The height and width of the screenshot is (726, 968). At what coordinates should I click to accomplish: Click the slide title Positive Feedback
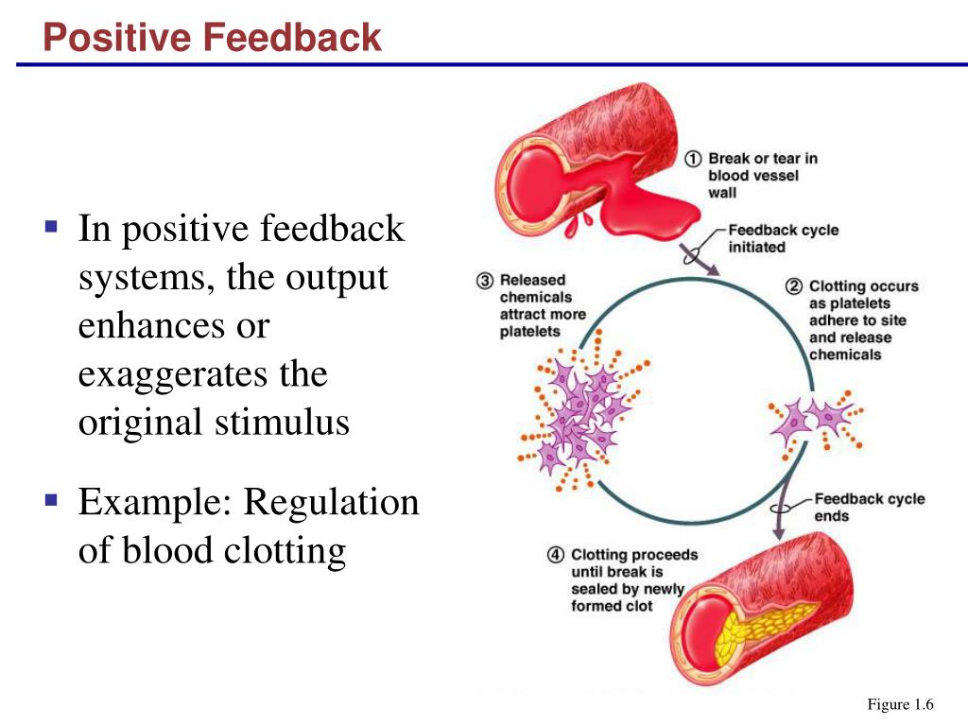(x=213, y=38)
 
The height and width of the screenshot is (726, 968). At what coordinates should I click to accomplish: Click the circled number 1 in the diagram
(x=693, y=159)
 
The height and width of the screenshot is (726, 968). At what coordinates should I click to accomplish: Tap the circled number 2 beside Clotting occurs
(x=795, y=286)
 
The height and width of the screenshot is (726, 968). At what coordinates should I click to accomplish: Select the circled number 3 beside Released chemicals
(x=485, y=281)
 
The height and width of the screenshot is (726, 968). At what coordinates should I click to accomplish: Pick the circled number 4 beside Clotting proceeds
(x=556, y=556)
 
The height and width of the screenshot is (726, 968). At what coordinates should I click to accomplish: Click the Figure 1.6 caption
(x=900, y=704)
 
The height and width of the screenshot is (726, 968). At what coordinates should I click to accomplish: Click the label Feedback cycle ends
(x=869, y=507)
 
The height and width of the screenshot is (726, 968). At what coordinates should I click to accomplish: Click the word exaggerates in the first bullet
(x=202, y=375)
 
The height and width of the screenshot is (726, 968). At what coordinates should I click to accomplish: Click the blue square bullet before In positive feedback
(x=51, y=228)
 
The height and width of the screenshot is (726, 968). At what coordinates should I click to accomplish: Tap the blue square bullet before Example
(x=51, y=500)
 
